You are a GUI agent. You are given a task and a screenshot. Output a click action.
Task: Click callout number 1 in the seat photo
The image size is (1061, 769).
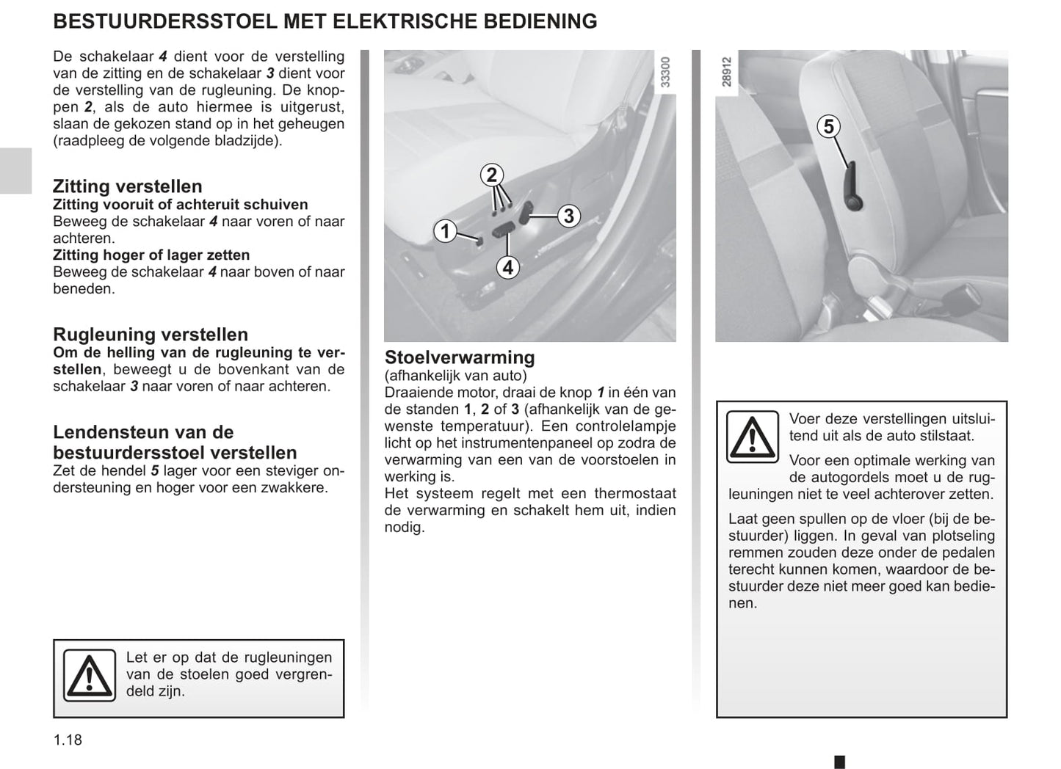(445, 231)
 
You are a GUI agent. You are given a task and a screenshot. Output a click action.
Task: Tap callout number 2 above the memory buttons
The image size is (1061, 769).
(492, 175)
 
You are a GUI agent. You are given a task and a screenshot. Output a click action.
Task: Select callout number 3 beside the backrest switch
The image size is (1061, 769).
(568, 216)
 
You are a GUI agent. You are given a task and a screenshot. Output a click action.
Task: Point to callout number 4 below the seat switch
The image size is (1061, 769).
(507, 267)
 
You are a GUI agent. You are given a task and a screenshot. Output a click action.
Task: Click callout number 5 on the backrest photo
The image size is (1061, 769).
(828, 126)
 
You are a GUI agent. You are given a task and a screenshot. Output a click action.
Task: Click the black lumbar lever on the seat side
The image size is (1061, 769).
(853, 189)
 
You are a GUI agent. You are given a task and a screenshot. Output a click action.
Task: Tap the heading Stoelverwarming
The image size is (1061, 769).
(460, 357)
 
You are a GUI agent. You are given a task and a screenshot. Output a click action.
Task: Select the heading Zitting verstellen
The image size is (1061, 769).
(127, 186)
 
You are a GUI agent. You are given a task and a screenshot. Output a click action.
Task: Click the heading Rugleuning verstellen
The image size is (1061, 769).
(151, 335)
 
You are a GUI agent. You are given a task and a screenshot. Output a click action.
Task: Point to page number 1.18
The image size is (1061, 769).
(68, 740)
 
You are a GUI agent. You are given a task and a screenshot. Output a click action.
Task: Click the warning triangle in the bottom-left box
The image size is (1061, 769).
(89, 675)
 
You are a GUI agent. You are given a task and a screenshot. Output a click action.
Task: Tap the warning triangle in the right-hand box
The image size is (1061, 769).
(752, 437)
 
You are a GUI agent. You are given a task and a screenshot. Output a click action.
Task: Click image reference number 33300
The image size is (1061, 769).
(665, 73)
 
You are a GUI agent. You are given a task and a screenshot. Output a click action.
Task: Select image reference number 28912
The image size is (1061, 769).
(726, 73)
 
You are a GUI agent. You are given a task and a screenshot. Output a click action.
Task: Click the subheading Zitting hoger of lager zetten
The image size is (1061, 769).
(151, 255)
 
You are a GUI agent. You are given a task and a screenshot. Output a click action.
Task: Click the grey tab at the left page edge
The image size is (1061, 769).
(15, 170)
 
